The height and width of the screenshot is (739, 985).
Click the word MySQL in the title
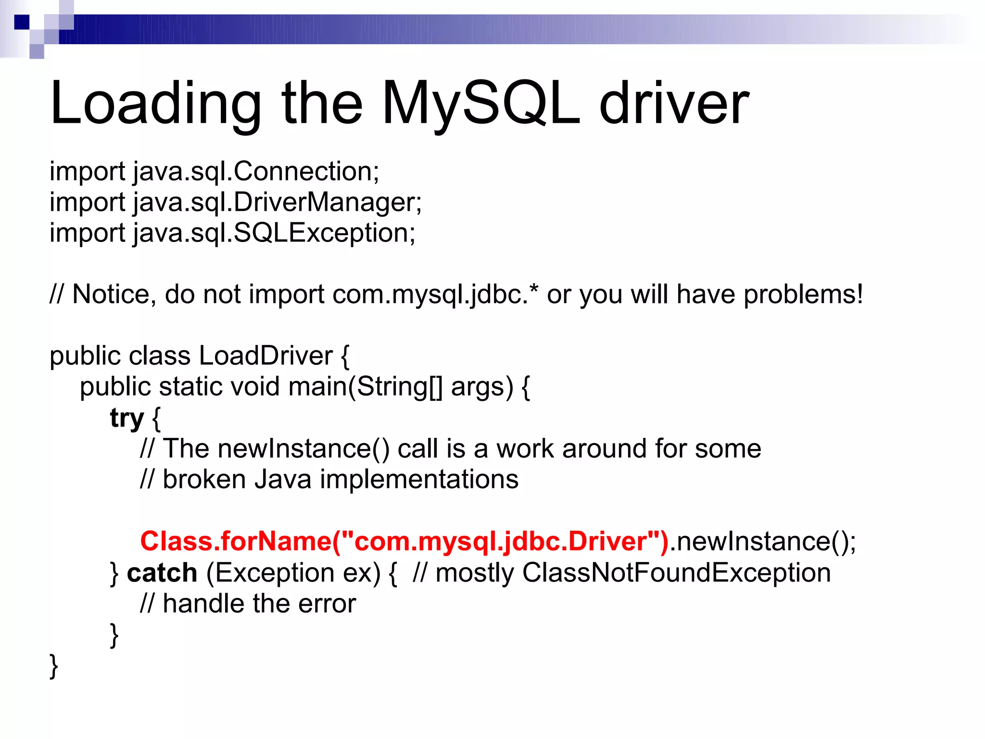(481, 103)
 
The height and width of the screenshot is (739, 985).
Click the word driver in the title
(673, 103)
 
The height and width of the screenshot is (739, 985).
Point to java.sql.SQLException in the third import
(274, 233)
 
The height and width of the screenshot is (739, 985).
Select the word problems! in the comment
(803, 294)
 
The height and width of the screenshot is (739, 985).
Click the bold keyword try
(126, 418)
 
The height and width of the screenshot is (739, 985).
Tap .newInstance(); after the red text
(762, 541)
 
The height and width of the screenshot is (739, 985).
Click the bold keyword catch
(162, 573)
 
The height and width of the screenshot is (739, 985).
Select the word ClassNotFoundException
(676, 573)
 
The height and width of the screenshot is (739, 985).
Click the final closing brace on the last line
(54, 666)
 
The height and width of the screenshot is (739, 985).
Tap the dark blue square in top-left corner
(22, 22)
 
